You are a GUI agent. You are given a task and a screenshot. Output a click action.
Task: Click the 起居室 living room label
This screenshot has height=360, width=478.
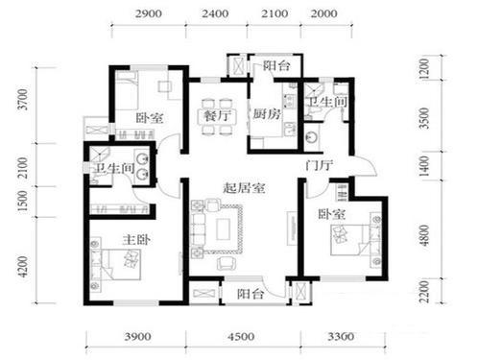(244, 188)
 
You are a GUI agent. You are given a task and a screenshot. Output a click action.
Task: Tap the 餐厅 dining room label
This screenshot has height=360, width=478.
(217, 115)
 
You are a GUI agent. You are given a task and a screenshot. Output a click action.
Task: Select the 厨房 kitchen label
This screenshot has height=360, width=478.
(267, 113)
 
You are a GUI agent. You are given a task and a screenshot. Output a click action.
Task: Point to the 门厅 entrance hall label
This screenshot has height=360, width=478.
(319, 166)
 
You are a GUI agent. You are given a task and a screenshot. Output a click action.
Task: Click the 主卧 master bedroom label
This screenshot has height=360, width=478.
(136, 239)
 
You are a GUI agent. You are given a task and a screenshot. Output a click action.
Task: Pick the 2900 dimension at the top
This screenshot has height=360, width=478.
(148, 13)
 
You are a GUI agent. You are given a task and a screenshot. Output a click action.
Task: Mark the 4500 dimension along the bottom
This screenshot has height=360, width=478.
(241, 337)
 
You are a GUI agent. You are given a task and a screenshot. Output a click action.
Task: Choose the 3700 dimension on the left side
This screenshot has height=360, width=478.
(23, 99)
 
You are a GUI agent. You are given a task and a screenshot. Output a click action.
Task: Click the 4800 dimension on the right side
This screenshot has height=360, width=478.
(424, 235)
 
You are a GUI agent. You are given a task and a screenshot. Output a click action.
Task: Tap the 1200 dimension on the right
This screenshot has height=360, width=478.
(423, 69)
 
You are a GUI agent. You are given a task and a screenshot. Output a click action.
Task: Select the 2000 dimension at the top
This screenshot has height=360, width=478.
(324, 13)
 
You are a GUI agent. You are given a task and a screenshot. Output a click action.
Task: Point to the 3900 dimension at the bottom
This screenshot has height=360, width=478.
(137, 337)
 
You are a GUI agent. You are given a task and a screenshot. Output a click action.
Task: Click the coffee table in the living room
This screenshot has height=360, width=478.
(223, 228)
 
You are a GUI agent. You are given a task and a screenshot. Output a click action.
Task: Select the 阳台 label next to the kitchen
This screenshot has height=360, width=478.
(276, 66)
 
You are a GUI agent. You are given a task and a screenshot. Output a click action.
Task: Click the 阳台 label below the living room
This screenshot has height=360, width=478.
(251, 294)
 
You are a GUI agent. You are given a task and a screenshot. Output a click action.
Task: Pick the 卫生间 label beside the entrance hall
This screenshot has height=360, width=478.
(327, 102)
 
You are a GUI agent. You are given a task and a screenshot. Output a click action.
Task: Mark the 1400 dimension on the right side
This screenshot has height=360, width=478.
(423, 166)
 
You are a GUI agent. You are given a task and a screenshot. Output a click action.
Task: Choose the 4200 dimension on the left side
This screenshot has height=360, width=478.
(23, 266)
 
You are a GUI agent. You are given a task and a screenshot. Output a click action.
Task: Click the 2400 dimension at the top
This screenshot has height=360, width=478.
(215, 13)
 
